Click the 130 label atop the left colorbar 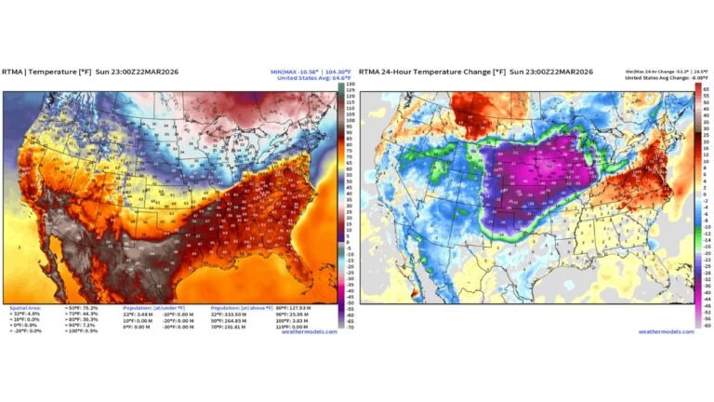(351, 85)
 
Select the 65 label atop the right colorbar (706, 88)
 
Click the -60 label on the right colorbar (706, 325)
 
